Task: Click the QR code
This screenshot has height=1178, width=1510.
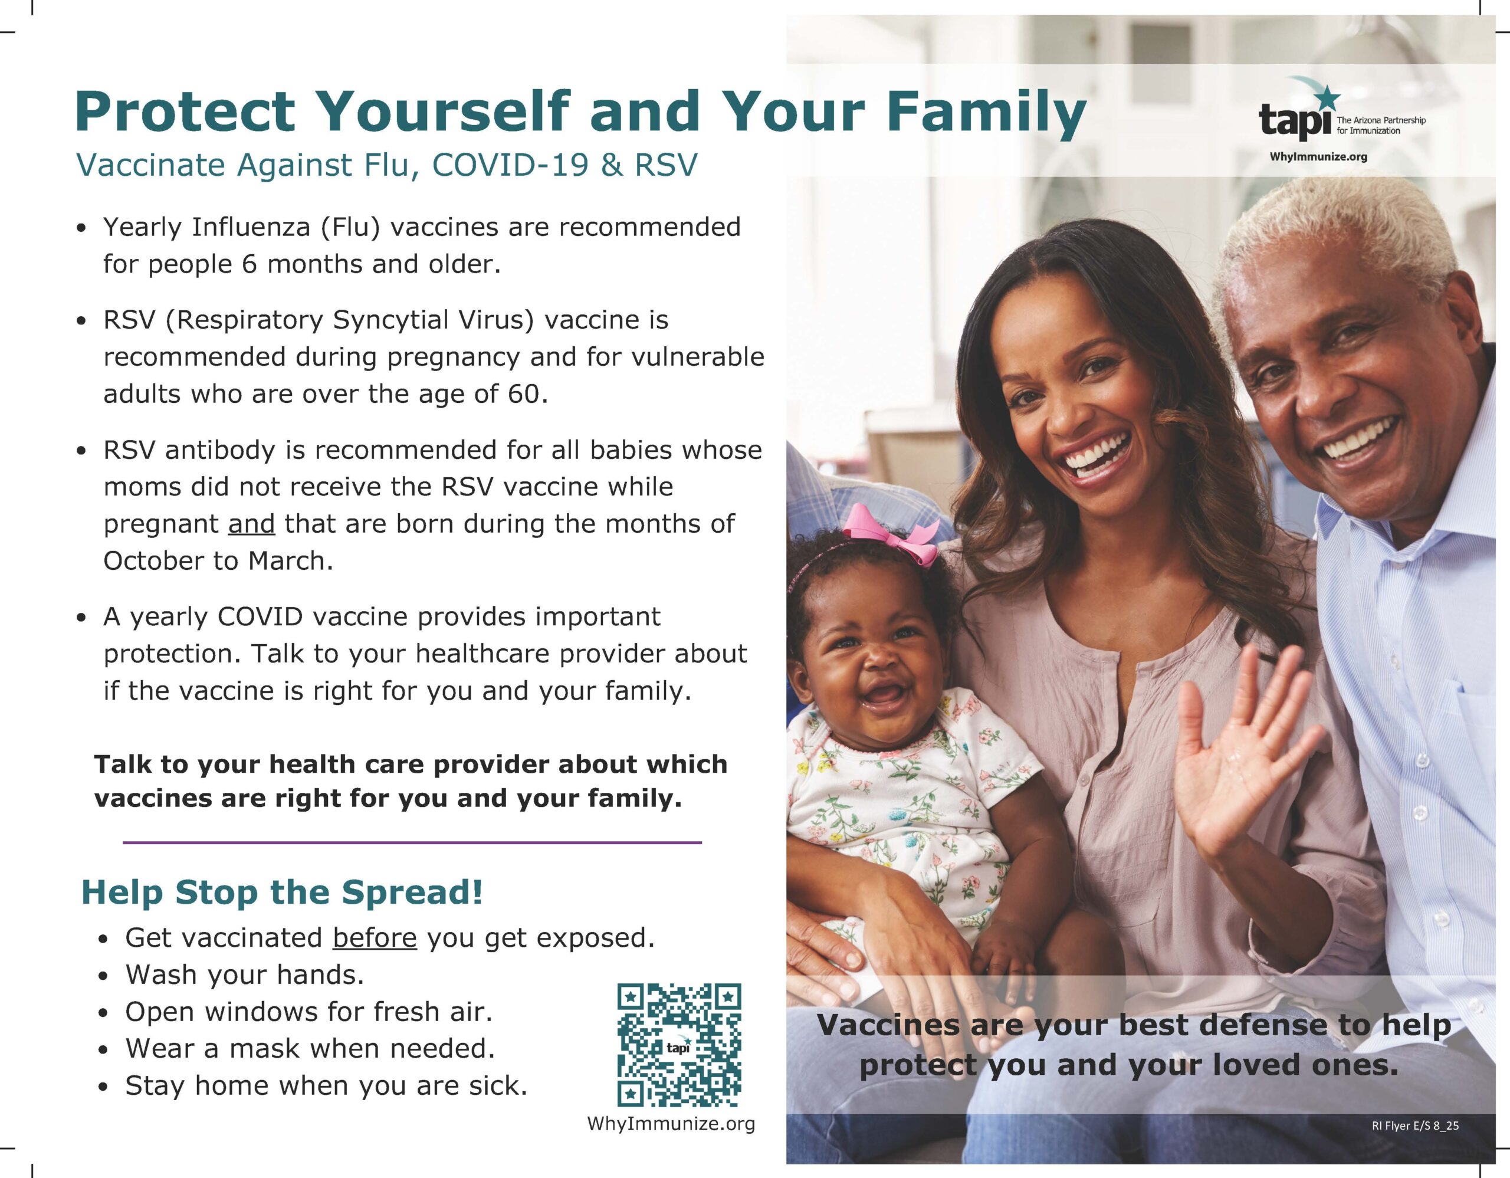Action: point(679,1045)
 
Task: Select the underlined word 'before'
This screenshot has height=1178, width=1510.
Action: point(375,938)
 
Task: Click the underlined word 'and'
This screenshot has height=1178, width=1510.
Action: point(252,524)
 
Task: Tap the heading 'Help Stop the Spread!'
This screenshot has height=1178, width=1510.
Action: point(282,892)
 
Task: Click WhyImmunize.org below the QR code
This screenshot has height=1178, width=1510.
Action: point(671,1123)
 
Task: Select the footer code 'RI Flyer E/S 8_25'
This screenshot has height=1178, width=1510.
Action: point(1415,1126)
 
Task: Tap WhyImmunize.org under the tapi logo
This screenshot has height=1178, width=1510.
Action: point(1318,157)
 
